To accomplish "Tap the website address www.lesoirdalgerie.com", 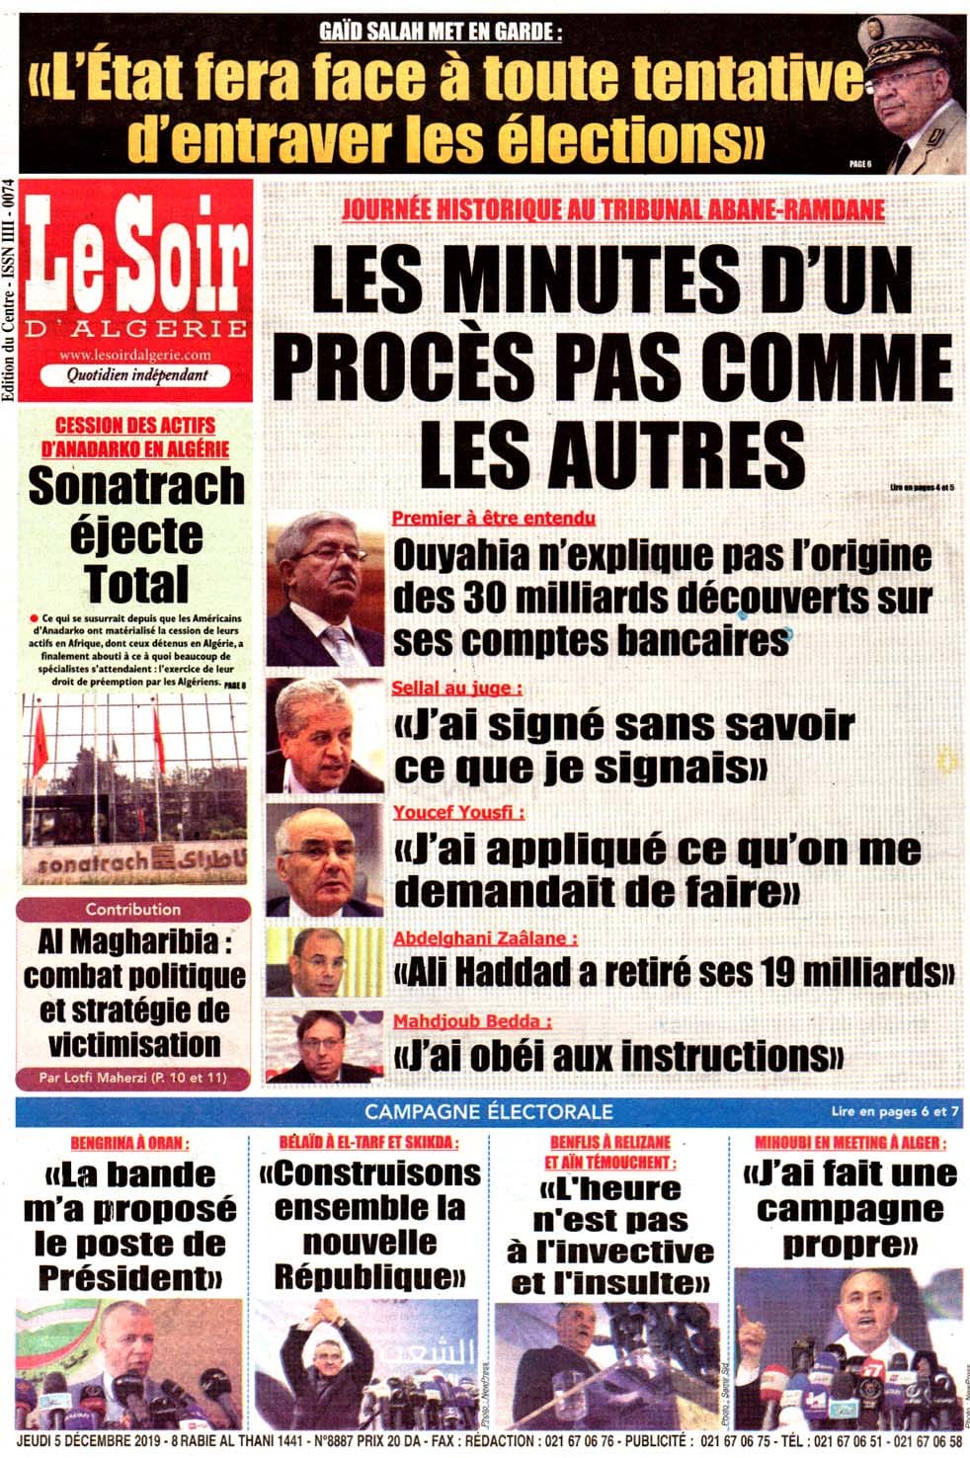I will (x=135, y=355).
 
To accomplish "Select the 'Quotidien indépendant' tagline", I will (x=137, y=375).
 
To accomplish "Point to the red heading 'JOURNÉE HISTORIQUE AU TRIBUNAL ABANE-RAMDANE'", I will (x=612, y=209).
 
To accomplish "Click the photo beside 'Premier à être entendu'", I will (x=325, y=588).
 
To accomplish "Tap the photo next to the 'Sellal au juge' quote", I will (x=325, y=736).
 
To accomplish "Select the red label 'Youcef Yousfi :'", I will (x=458, y=812).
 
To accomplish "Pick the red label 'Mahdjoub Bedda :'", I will (x=472, y=1021).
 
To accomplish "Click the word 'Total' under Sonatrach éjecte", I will (x=136, y=583).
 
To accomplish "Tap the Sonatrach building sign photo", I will (x=135, y=786).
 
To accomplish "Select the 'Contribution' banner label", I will (x=133, y=909).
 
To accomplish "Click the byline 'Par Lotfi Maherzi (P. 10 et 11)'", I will (x=133, y=1078).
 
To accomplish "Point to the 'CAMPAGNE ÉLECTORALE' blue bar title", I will (x=488, y=1111).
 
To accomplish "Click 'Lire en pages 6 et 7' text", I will (x=895, y=1111).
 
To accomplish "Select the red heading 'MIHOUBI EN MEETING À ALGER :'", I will (x=849, y=1143).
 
